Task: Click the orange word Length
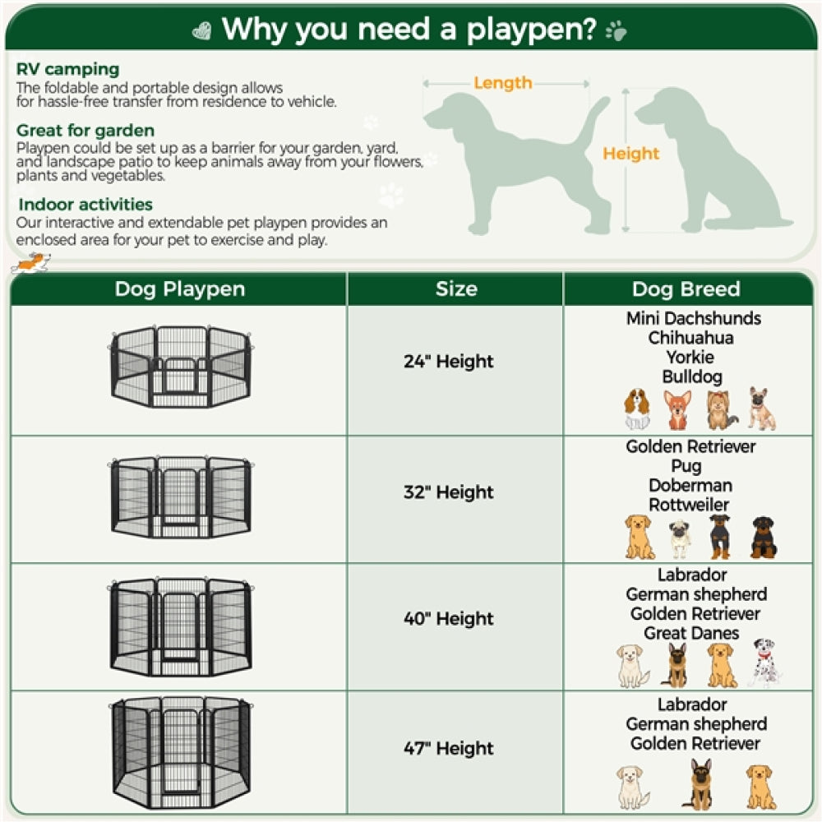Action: pyautogui.click(x=502, y=83)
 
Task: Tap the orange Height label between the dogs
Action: pyautogui.click(x=630, y=154)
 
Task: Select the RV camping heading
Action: pyautogui.click(x=68, y=69)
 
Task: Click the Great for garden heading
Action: pyautogui.click(x=85, y=131)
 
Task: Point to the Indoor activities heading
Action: pyautogui.click(x=85, y=205)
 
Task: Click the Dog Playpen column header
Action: pyautogui.click(x=179, y=289)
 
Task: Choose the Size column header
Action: pyautogui.click(x=455, y=289)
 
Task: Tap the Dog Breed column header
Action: pyautogui.click(x=686, y=289)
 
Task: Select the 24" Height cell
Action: pyautogui.click(x=449, y=362)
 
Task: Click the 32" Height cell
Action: pyautogui.click(x=449, y=492)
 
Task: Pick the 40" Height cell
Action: pyautogui.click(x=449, y=619)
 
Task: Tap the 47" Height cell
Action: pyautogui.click(x=449, y=749)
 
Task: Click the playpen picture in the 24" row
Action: pyautogui.click(x=179, y=367)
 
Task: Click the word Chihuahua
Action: pyautogui.click(x=690, y=338)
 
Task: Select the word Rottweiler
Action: pyautogui.click(x=689, y=505)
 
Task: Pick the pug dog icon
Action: pyautogui.click(x=679, y=538)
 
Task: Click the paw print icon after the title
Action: pyautogui.click(x=615, y=31)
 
